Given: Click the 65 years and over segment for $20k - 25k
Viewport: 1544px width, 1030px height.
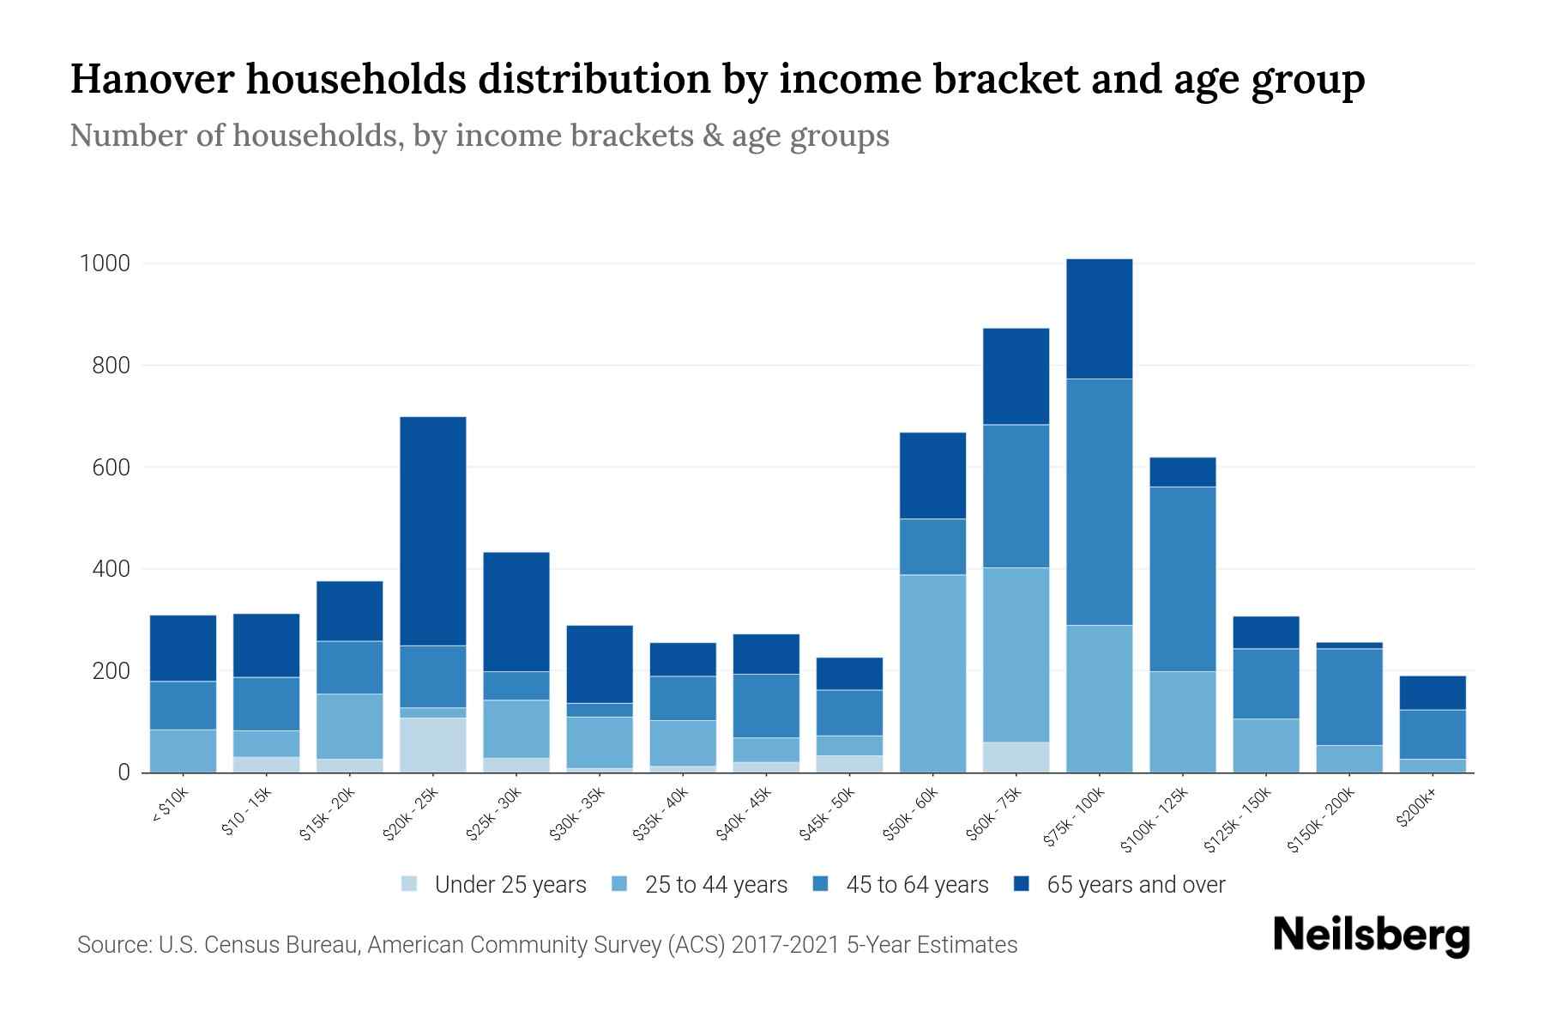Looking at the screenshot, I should (x=433, y=530).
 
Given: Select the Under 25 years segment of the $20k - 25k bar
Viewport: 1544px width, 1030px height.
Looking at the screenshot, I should (x=433, y=745).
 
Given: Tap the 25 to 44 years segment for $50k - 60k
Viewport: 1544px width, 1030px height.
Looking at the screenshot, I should (x=932, y=674).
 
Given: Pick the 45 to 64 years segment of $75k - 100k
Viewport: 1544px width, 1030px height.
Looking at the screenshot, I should (x=1099, y=502).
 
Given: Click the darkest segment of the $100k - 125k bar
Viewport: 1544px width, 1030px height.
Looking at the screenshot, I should (x=1182, y=472).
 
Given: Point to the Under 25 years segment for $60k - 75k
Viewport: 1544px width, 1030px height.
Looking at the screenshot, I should (x=1016, y=757).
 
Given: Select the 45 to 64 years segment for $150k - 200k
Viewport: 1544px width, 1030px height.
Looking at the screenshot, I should (x=1348, y=697).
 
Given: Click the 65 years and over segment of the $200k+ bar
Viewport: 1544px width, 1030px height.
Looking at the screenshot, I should (x=1432, y=693).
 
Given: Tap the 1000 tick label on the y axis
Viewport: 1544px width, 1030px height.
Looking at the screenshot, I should (x=105, y=264).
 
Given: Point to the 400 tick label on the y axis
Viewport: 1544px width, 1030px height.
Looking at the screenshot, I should (x=112, y=569).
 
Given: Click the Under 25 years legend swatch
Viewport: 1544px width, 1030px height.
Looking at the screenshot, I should (x=409, y=884).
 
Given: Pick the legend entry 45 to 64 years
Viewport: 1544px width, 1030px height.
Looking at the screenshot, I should (x=916, y=885).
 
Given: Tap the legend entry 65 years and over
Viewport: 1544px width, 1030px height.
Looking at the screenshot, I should (x=1135, y=885).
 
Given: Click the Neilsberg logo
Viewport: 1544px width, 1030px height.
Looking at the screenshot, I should (x=1371, y=936).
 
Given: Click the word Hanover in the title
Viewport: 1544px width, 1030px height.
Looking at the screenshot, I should (x=150, y=79).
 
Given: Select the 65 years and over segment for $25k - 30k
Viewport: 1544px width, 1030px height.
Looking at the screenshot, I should (x=516, y=611).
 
